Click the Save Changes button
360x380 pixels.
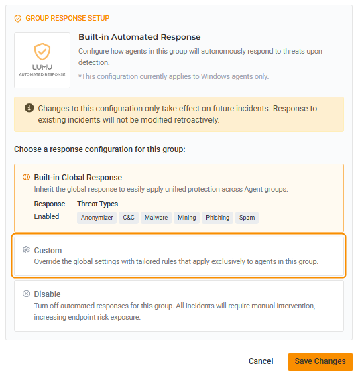pyautogui.click(x=320, y=361)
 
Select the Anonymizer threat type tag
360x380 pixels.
pyautogui.click(x=97, y=218)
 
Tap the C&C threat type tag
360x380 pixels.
pyautogui.click(x=129, y=218)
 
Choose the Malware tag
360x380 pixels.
pyautogui.click(x=156, y=218)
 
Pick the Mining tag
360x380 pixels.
pyautogui.click(x=186, y=218)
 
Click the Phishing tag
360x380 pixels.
pyautogui.click(x=217, y=218)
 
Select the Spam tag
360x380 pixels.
pyautogui.click(x=247, y=218)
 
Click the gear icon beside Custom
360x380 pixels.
pyautogui.click(x=26, y=249)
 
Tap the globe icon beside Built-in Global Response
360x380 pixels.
pyautogui.click(x=26, y=177)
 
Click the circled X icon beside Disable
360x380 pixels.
pyautogui.click(x=26, y=294)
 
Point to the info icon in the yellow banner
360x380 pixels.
pyautogui.click(x=29, y=108)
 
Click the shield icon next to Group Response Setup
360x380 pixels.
pyautogui.click(x=18, y=19)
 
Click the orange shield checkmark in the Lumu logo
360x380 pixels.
pyautogui.click(x=42, y=52)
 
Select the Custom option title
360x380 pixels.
pyautogui.click(x=48, y=251)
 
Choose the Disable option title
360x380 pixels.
pyautogui.click(x=47, y=294)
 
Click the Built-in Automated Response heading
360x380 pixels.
pyautogui.click(x=139, y=37)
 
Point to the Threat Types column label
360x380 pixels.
pyautogui.click(x=97, y=204)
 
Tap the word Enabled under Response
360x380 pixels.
pyautogui.click(x=46, y=216)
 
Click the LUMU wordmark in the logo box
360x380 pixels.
pyautogui.click(x=42, y=67)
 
